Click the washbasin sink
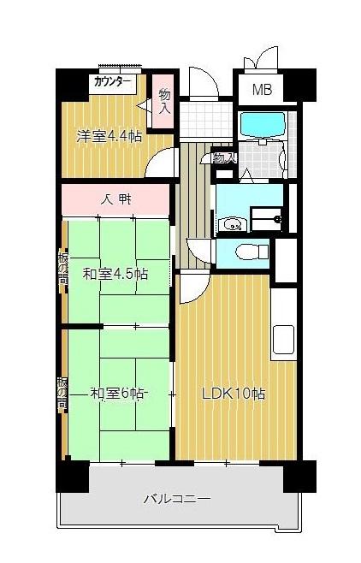(232, 225)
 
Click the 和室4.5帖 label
(115, 274)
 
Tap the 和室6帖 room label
(118, 394)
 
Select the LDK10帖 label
(233, 394)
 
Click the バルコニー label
(176, 498)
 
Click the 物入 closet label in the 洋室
(164, 100)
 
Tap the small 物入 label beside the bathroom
(224, 158)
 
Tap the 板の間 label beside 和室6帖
(62, 394)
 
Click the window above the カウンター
(118, 68)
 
